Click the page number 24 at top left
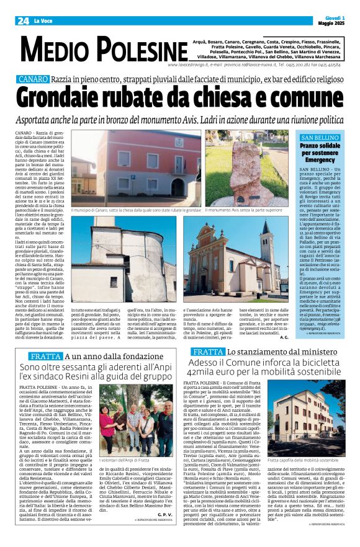(22, 20)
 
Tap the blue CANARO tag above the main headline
(32, 80)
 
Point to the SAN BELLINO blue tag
(319, 137)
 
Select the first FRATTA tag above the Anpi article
(45, 357)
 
